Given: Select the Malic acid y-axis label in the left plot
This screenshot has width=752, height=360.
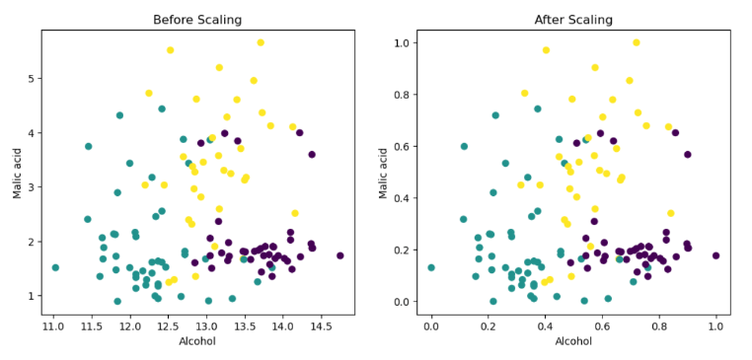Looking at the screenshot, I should [17, 172].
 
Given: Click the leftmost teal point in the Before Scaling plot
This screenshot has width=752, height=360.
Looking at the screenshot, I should [55, 267].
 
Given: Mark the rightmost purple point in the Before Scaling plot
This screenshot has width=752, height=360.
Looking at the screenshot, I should [340, 255].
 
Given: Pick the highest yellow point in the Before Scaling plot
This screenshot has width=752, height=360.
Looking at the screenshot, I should [261, 42].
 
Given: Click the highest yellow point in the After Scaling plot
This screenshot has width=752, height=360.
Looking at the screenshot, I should [637, 42].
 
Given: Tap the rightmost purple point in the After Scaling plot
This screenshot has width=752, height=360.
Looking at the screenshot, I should [716, 255].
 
